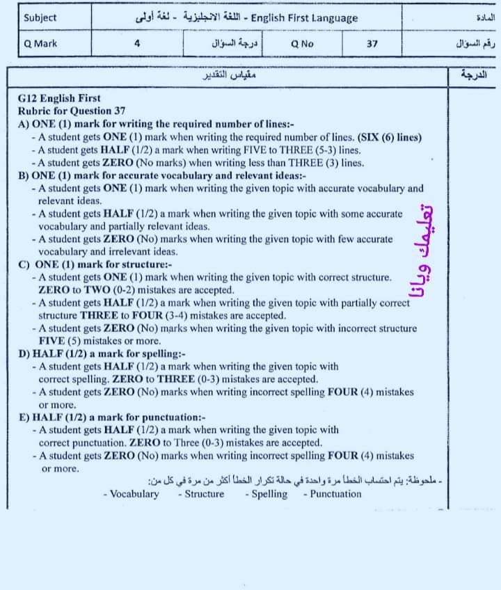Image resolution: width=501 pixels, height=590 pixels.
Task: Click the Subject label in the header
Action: click(x=40, y=17)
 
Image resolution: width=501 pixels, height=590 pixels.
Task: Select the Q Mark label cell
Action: click(x=40, y=43)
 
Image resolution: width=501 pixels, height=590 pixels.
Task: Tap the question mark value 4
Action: click(x=137, y=43)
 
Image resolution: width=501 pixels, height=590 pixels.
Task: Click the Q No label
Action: click(x=303, y=43)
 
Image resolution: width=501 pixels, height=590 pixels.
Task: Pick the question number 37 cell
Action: click(x=372, y=43)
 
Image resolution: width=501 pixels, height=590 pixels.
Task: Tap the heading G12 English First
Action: click(x=59, y=99)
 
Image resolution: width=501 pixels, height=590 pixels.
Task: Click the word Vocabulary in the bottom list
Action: click(x=134, y=494)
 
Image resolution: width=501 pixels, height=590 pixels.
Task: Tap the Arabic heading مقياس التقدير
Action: click(x=230, y=74)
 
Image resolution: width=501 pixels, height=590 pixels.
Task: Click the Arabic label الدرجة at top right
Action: click(x=474, y=74)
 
